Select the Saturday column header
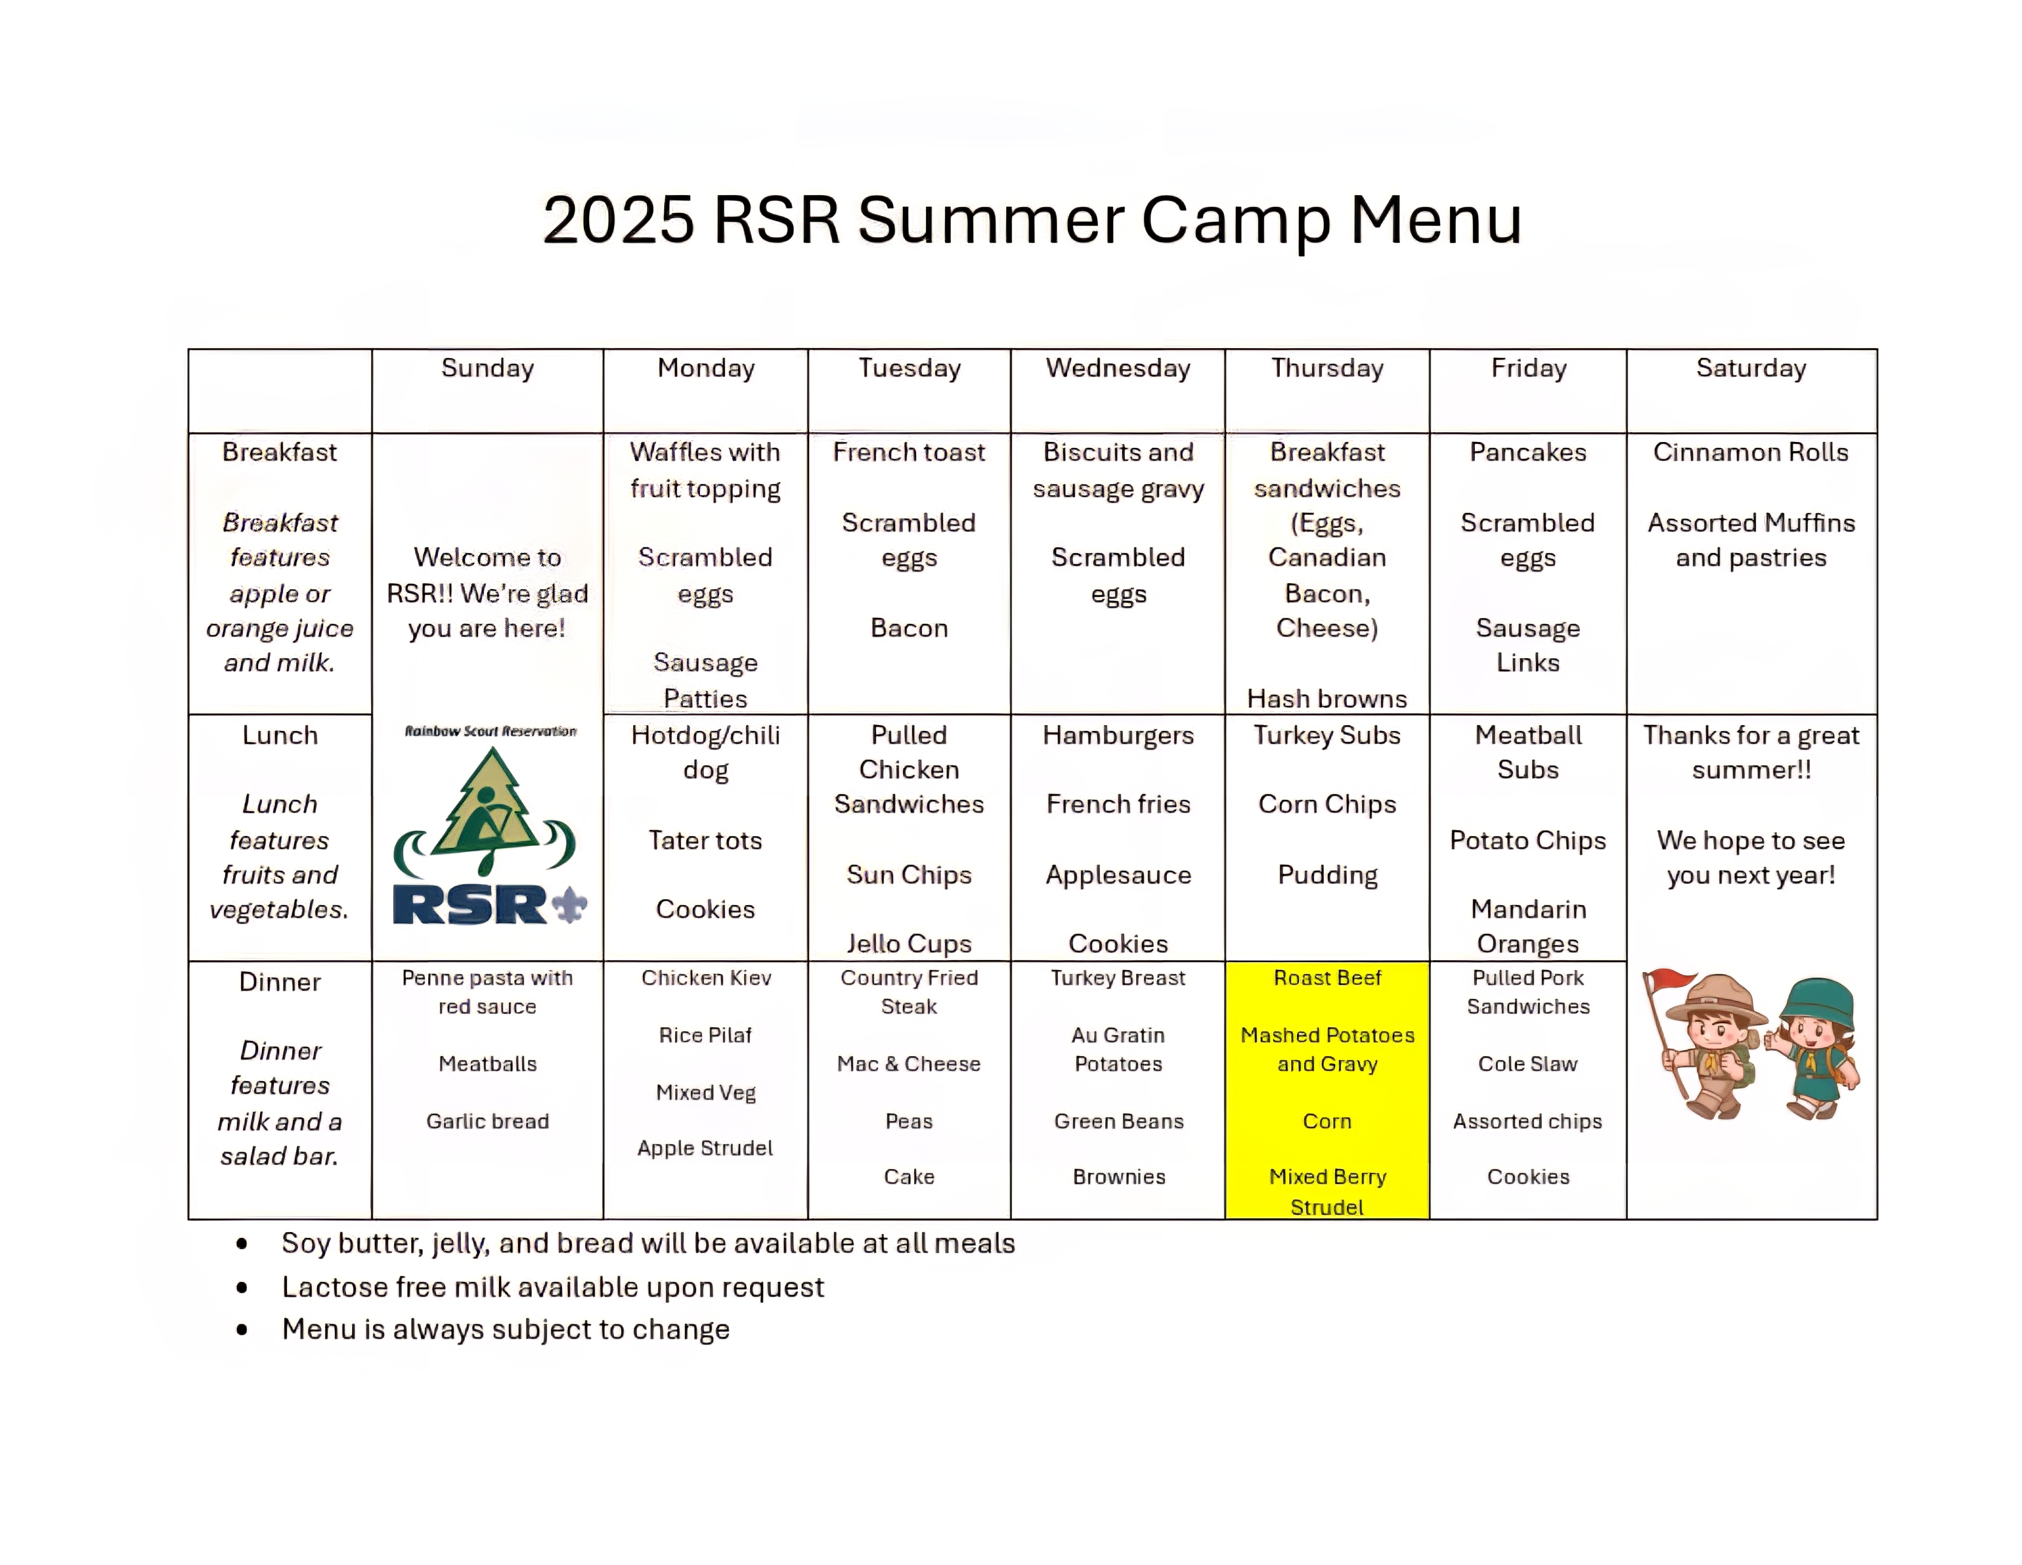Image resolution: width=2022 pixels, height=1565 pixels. (1751, 369)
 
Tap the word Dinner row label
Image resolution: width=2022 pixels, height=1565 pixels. (280, 981)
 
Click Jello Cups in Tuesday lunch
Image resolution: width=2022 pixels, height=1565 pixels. (909, 944)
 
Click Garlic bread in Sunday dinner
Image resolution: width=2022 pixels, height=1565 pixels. (488, 1122)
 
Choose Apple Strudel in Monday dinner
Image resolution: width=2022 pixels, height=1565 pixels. (705, 1148)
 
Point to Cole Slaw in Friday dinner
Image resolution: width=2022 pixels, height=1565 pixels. (1527, 1064)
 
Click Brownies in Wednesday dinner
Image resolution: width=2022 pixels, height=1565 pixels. (1119, 1177)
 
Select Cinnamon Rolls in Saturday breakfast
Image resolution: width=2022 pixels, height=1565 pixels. (1751, 452)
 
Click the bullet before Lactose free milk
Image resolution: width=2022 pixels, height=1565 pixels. (242, 1287)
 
